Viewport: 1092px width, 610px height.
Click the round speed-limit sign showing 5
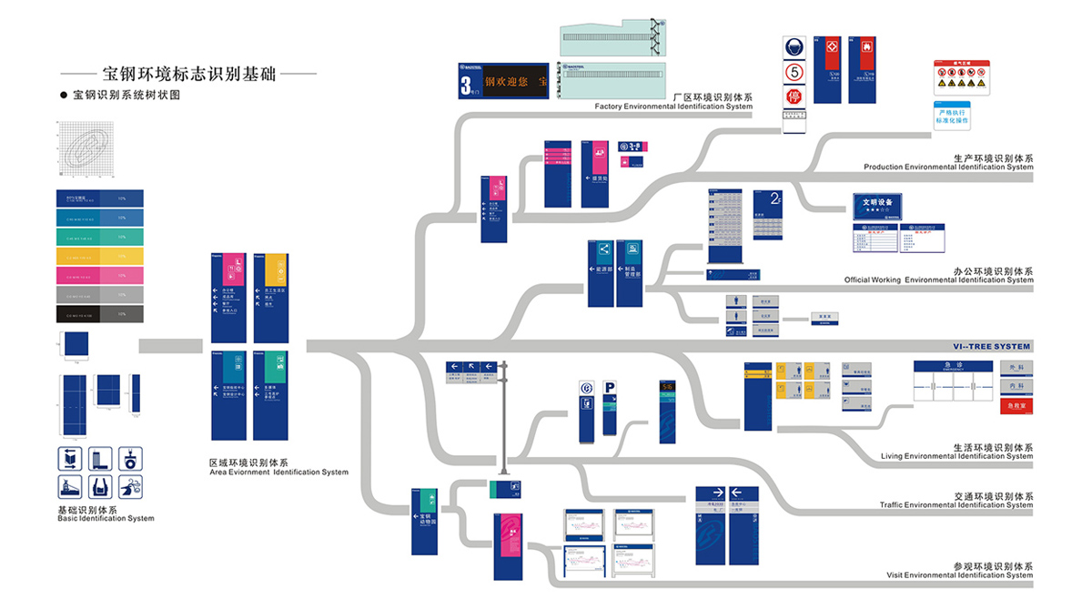(x=794, y=72)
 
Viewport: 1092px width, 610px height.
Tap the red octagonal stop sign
(x=794, y=97)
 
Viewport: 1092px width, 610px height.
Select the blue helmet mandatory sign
(x=794, y=48)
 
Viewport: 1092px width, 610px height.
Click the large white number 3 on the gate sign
(x=466, y=85)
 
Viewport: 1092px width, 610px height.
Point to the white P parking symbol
(x=610, y=389)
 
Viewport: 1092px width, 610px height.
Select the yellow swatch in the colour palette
(x=99, y=256)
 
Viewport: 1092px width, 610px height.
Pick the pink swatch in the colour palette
(x=99, y=275)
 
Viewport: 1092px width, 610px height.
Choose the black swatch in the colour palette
(x=99, y=314)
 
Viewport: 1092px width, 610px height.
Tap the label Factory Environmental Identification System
(x=673, y=107)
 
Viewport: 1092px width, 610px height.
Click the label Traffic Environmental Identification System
(x=956, y=505)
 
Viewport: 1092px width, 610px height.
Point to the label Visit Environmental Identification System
(x=960, y=575)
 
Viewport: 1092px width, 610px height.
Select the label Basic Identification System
(x=106, y=519)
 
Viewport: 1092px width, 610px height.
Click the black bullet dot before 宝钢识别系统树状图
(x=64, y=94)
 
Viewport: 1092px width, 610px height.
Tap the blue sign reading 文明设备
(x=877, y=204)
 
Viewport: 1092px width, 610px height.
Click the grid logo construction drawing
(x=86, y=151)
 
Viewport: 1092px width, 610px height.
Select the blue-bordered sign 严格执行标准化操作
(x=952, y=116)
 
